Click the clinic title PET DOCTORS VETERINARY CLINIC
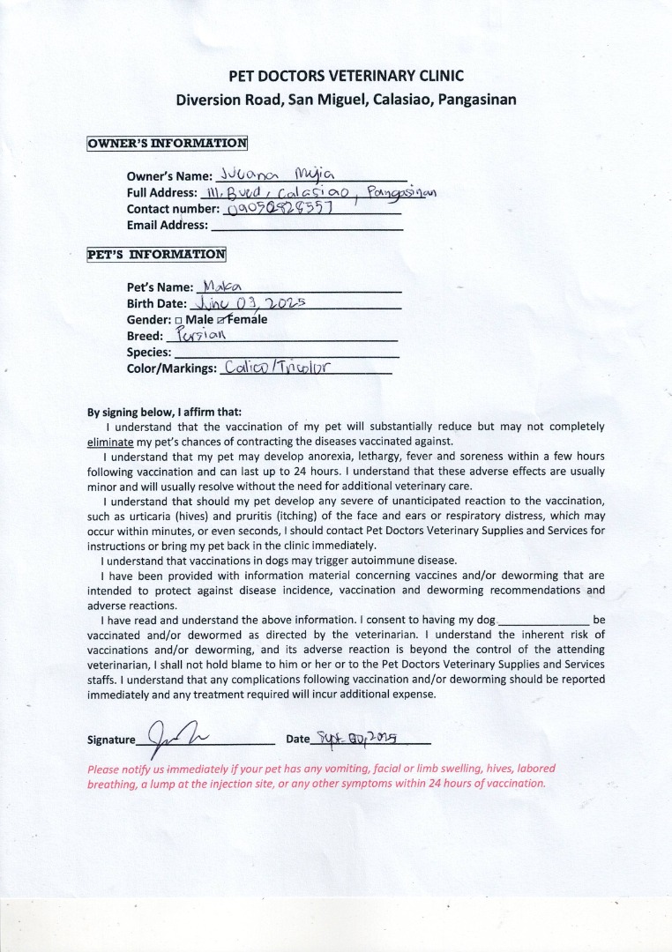[346, 76]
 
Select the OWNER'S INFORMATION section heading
[167, 143]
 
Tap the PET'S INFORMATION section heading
[156, 255]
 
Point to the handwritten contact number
[280, 208]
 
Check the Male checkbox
[179, 320]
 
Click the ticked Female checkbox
[220, 319]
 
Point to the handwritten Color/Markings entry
[277, 368]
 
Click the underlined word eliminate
[110, 441]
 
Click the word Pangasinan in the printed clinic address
[476, 100]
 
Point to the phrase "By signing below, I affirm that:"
[164, 412]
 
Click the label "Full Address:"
[161, 193]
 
